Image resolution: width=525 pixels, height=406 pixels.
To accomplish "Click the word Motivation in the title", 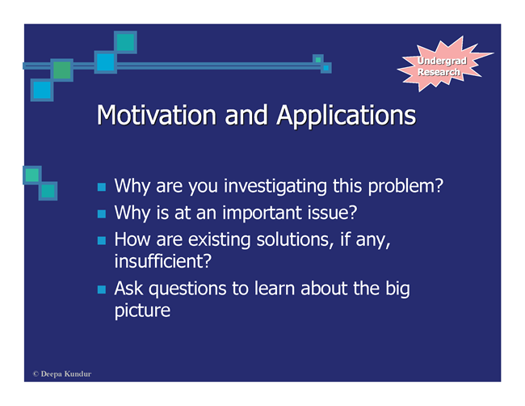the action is click(x=157, y=115).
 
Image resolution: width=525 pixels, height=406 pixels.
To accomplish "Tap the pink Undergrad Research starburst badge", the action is click(x=444, y=65).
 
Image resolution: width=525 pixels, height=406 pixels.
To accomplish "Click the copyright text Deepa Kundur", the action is click(x=62, y=374).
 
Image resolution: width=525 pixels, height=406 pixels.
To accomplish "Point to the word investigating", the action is click(x=275, y=186).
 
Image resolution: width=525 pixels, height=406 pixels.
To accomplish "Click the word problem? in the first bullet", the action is click(x=405, y=186).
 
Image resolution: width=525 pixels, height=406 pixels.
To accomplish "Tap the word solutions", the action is click(x=295, y=240).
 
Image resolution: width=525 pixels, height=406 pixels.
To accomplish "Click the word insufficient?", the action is click(x=163, y=261).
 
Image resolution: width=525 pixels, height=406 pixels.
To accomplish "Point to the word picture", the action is click(x=142, y=311).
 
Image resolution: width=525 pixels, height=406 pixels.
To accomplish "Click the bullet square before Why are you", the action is click(x=102, y=187).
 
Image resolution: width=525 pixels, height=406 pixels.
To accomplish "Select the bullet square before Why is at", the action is click(x=102, y=214).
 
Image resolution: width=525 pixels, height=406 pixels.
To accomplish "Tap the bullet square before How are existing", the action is click(x=102, y=240).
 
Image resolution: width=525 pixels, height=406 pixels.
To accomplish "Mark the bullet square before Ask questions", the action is click(x=102, y=290).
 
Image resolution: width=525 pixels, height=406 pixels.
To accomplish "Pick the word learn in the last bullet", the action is click(x=275, y=288).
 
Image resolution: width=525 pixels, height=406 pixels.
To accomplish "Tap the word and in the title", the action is click(x=246, y=116).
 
